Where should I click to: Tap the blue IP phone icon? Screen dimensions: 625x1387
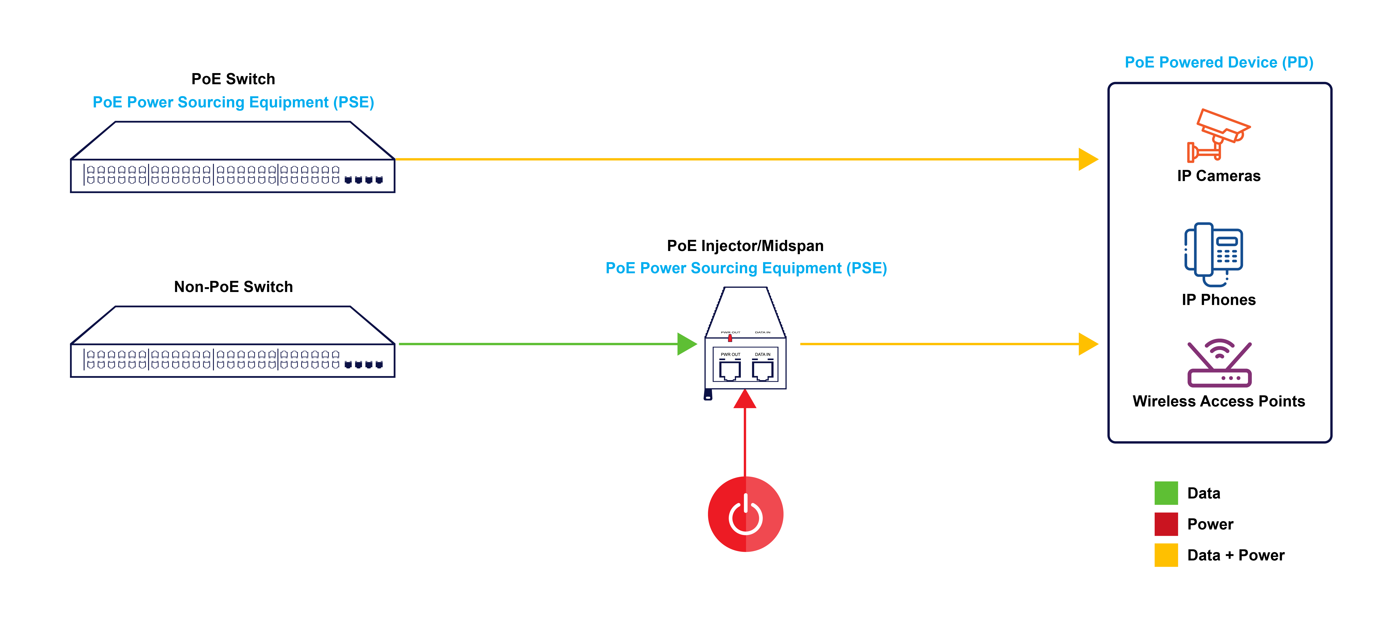coord(1214,254)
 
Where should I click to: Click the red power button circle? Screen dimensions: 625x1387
coord(745,514)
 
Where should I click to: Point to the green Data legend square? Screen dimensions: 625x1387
coord(1166,493)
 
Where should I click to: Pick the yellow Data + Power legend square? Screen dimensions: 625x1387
coord(1166,555)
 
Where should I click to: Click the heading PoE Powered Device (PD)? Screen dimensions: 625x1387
coord(1219,63)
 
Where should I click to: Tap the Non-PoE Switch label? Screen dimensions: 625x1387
coord(233,287)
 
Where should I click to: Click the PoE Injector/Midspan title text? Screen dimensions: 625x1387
coord(745,246)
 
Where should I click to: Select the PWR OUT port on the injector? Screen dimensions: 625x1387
coord(730,370)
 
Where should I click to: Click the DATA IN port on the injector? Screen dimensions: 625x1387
coord(762,370)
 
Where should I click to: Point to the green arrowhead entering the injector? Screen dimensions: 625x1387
coord(686,344)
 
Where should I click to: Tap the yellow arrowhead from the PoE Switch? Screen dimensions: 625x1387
coord(1088,159)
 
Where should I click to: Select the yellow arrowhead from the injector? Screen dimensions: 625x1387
coord(1088,344)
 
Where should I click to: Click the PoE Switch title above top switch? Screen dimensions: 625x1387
coord(233,79)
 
